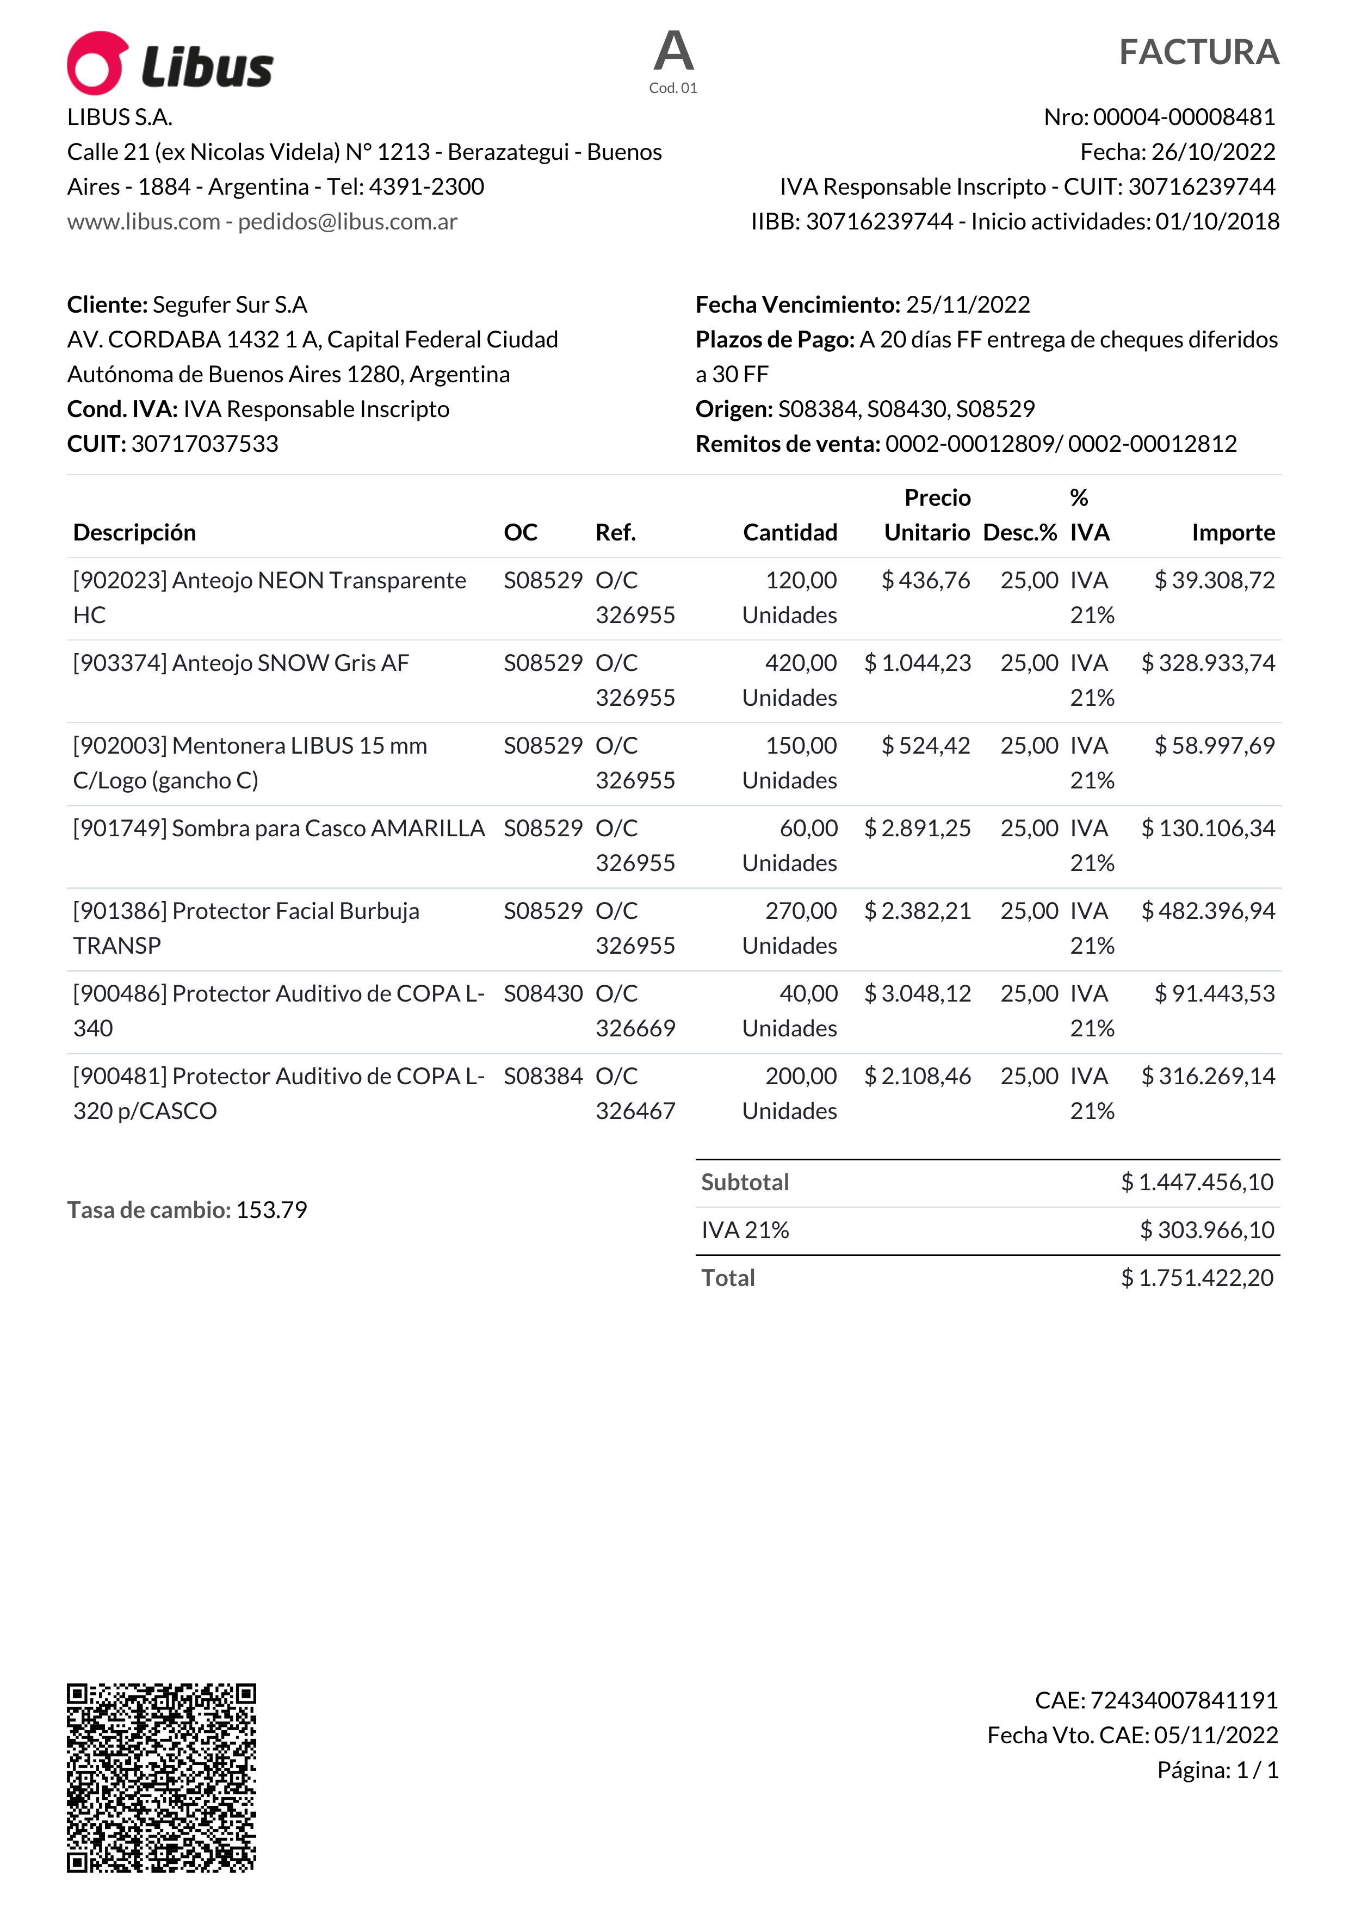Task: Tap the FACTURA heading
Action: click(x=1198, y=52)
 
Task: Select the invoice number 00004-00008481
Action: click(x=1184, y=117)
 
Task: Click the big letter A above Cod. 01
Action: click(x=673, y=52)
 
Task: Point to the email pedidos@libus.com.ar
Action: click(x=348, y=222)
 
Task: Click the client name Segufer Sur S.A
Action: click(x=230, y=305)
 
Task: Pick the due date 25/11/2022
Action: click(x=968, y=305)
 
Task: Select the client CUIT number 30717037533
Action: click(x=205, y=444)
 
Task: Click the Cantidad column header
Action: click(x=790, y=533)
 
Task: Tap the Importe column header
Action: click(x=1233, y=533)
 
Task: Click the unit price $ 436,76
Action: click(x=925, y=580)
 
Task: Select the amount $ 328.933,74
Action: click(x=1208, y=663)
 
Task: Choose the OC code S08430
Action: click(x=543, y=994)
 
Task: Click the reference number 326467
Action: click(x=635, y=1111)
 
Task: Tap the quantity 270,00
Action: click(x=800, y=911)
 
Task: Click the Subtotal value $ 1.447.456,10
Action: click(x=1197, y=1183)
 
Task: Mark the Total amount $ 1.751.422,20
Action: click(x=1197, y=1278)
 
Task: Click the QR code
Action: click(x=161, y=1778)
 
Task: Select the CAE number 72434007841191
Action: click(x=1183, y=1700)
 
